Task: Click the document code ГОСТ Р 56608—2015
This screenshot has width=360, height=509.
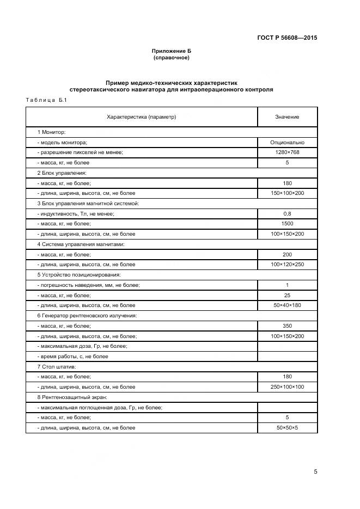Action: [287, 38]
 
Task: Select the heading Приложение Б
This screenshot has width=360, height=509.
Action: [172, 51]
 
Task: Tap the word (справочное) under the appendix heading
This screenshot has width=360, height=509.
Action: [172, 57]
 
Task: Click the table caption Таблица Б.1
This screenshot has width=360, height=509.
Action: [46, 100]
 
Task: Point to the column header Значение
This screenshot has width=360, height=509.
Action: [287, 117]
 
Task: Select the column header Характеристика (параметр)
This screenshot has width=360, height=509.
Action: [142, 117]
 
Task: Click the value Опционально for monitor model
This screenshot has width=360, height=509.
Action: [287, 142]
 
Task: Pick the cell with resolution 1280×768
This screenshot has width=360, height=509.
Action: [287, 152]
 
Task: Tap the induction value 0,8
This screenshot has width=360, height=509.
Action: [287, 213]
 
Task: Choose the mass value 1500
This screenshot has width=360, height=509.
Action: [287, 224]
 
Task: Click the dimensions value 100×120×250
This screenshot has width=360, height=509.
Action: [287, 265]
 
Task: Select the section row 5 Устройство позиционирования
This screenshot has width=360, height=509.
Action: [78, 275]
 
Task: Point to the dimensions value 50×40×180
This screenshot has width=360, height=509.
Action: [287, 305]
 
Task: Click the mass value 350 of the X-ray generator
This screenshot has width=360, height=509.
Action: [287, 326]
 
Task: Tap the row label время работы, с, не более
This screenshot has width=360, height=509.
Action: [72, 357]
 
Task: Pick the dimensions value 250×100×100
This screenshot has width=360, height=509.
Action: [287, 387]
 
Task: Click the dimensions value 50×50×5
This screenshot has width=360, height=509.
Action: [287, 428]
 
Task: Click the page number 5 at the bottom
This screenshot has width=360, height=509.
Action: [315, 472]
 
